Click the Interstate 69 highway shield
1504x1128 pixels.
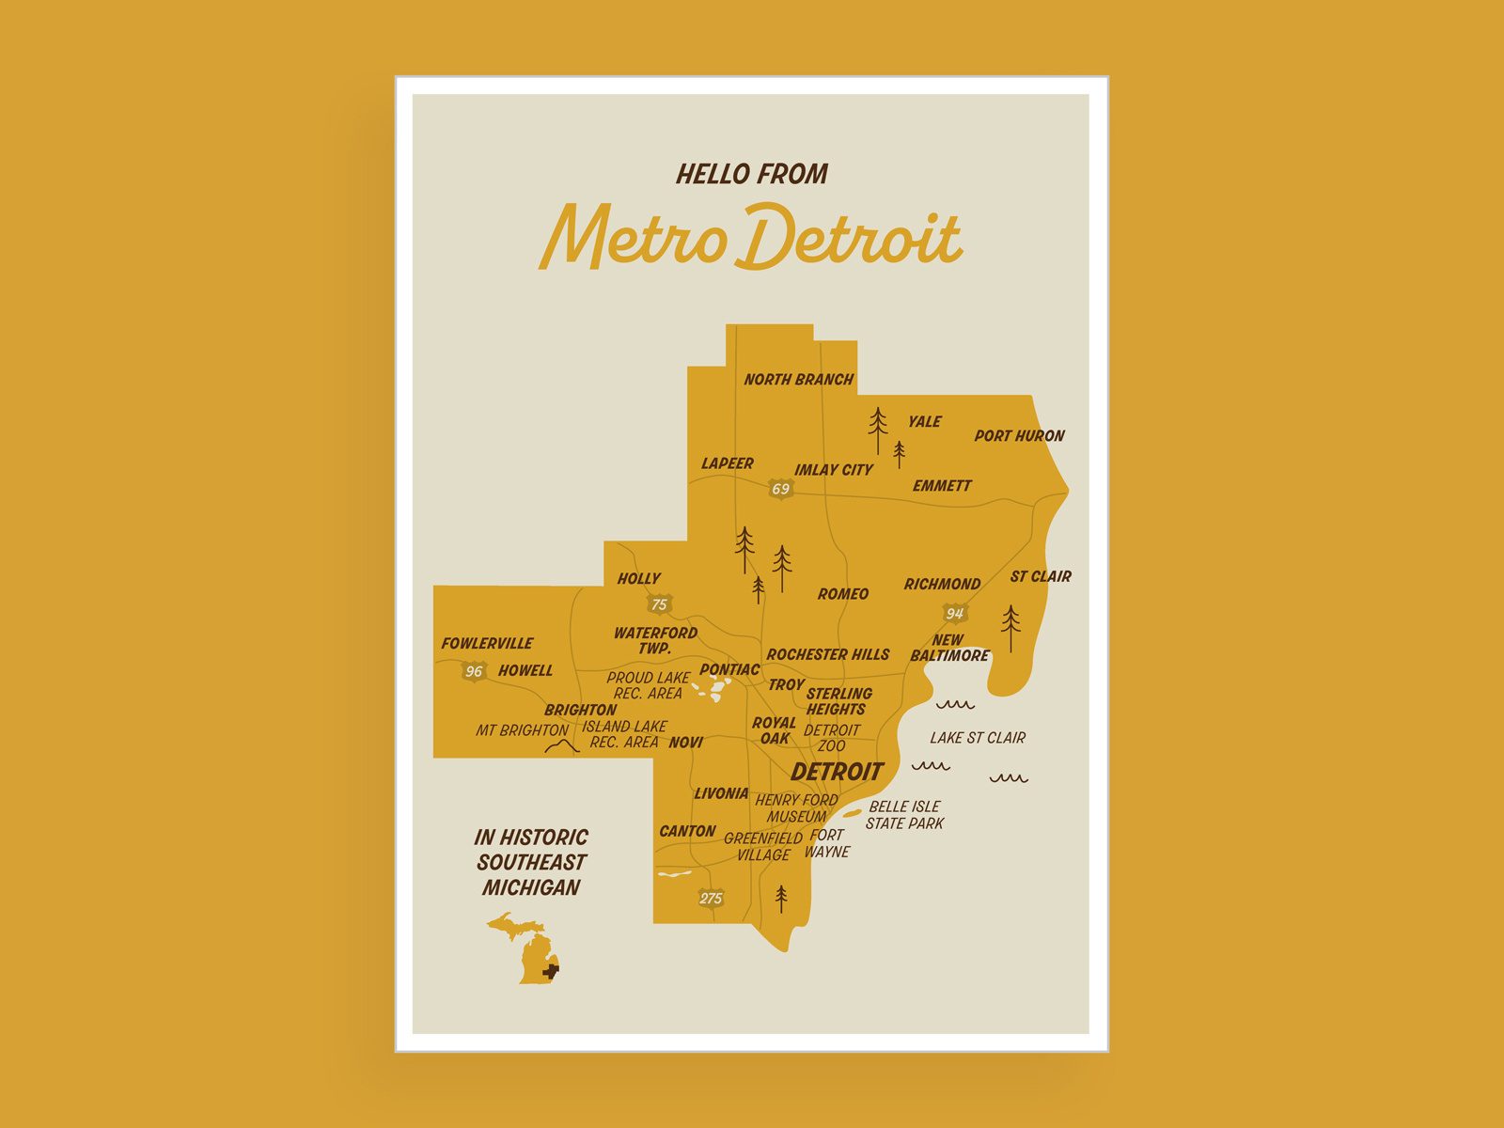[x=781, y=489]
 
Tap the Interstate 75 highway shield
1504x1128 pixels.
[x=660, y=604]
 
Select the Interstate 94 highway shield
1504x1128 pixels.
[x=955, y=614]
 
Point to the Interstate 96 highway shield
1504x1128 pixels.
[x=474, y=671]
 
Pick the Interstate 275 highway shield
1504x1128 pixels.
[x=711, y=898]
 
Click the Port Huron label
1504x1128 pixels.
[x=1019, y=436]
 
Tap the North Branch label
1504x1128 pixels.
[x=798, y=380]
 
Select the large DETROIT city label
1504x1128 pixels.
[x=837, y=772]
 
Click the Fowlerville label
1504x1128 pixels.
[x=487, y=644]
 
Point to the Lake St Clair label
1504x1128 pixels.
[x=978, y=738]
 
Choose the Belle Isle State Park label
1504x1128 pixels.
[x=904, y=815]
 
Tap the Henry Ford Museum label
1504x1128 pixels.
[x=796, y=808]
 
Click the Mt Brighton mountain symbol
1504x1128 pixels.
[x=562, y=746]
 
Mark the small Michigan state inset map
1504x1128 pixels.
[x=525, y=949]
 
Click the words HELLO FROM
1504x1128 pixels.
[x=752, y=174]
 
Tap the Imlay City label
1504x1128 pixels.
[x=833, y=470]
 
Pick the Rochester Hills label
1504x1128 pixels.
[x=828, y=654]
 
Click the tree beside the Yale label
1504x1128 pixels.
[x=878, y=430]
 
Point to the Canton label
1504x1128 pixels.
[x=687, y=832]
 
